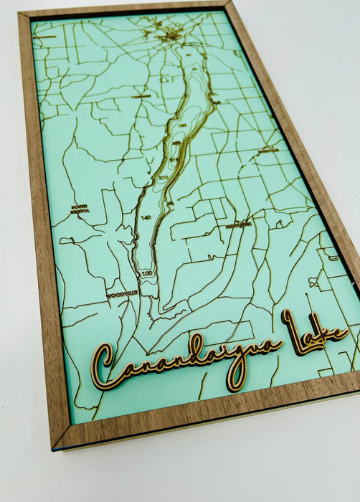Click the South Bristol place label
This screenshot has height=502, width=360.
(80, 209)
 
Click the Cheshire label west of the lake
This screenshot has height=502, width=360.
(141, 95)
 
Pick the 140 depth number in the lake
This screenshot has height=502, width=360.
(146, 217)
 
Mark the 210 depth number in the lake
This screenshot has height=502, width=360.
(163, 176)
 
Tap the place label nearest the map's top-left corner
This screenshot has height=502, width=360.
(47, 36)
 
